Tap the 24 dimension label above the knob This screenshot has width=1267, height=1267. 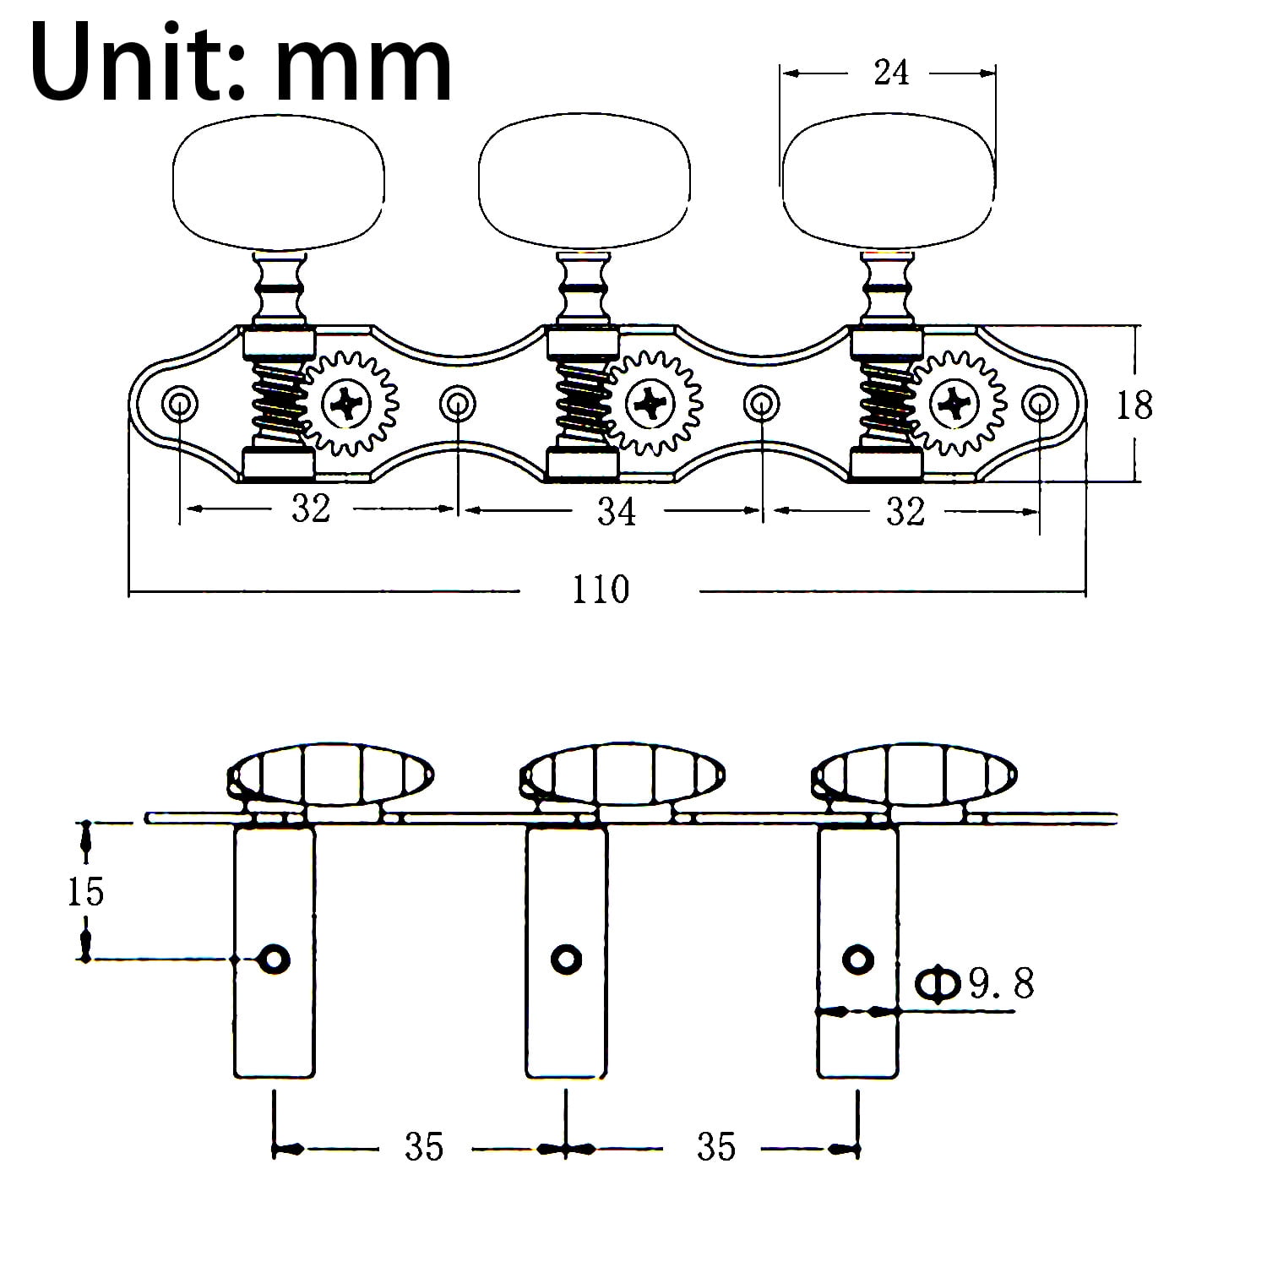(x=891, y=73)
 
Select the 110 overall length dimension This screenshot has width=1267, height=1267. (x=601, y=590)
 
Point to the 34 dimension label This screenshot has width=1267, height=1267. (x=617, y=512)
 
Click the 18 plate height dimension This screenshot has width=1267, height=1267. (x=1134, y=406)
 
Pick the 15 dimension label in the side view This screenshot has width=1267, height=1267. (x=85, y=892)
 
